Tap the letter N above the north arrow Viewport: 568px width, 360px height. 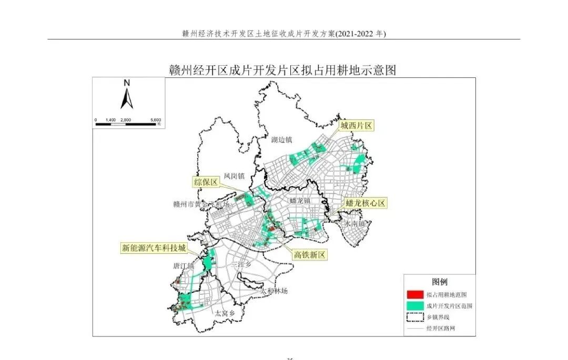(x=127, y=83)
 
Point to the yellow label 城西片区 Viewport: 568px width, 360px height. (x=356, y=126)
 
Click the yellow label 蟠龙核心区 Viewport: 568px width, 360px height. (x=366, y=203)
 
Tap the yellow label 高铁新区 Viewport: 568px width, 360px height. (x=310, y=254)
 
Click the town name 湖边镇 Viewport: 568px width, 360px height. (x=281, y=140)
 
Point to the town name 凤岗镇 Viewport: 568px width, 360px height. (x=234, y=176)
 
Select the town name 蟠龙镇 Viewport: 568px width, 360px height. (x=300, y=201)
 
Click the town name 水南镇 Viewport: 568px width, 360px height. (x=354, y=223)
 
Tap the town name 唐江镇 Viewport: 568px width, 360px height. (x=184, y=266)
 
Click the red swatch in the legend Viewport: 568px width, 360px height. (x=415, y=294)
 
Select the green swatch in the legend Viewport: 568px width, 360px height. (x=415, y=305)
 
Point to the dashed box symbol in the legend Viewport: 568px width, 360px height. (x=415, y=317)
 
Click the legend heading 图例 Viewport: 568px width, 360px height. (x=440, y=282)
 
